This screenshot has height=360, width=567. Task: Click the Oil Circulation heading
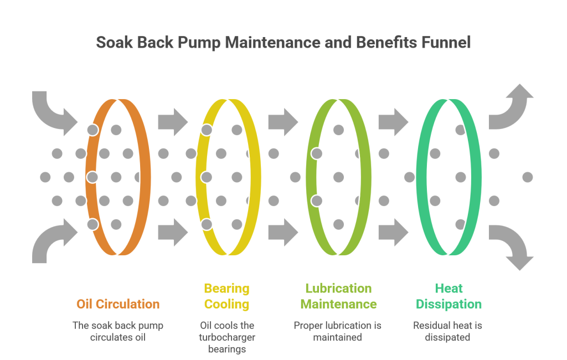point(118,304)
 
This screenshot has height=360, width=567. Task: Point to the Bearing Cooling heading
point(226,296)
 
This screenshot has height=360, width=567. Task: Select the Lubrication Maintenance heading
point(338,296)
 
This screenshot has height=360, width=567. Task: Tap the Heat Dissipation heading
point(449,296)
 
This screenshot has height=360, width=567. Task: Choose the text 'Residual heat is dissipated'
point(447,331)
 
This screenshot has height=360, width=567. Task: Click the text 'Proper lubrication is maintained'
point(337,331)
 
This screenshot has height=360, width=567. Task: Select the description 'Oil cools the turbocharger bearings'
point(226,337)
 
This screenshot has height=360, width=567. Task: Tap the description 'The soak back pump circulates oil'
point(118,331)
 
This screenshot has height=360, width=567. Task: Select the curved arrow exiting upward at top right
point(512,108)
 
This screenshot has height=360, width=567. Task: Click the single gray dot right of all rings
point(527,177)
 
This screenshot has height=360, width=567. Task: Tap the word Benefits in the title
point(374,43)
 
